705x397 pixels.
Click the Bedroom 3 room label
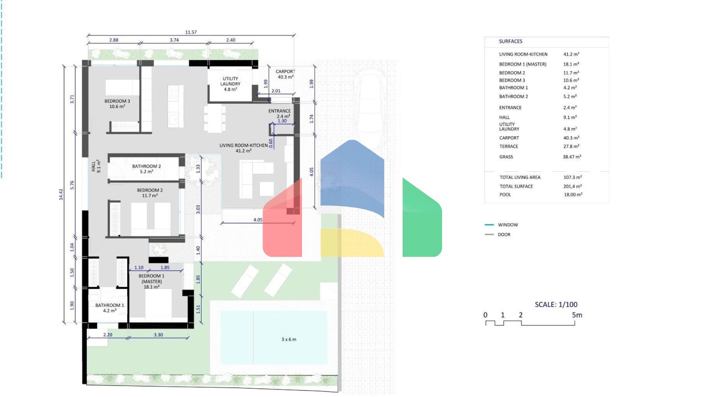(117, 104)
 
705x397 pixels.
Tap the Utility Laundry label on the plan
(230, 84)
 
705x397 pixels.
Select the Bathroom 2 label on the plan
(146, 169)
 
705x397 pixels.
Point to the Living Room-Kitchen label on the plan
(244, 148)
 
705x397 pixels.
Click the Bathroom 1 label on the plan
(110, 308)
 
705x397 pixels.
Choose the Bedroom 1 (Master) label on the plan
(151, 281)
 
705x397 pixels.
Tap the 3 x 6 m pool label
(289, 340)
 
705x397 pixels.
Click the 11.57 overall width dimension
(191, 32)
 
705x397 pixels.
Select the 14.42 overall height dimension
(61, 194)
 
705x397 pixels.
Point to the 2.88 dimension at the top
(114, 40)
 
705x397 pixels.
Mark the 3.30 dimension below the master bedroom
(158, 335)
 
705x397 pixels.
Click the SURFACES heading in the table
(510, 41)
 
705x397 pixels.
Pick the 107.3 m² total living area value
(572, 177)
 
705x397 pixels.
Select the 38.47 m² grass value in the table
(572, 157)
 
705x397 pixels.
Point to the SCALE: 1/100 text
(556, 304)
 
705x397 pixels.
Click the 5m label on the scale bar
(577, 315)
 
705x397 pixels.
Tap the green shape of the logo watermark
(422, 217)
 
